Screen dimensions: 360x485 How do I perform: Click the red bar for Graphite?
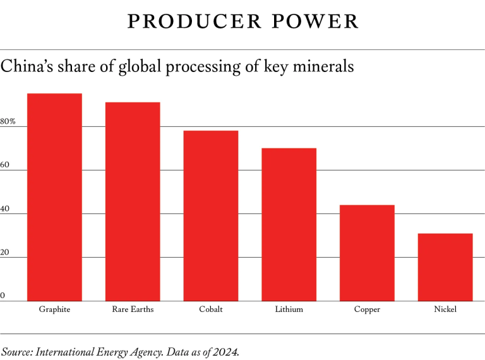[54, 197]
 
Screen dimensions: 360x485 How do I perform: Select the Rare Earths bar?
[133, 201]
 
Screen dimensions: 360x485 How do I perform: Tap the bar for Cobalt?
[211, 215]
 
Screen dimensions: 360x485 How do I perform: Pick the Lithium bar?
[289, 224]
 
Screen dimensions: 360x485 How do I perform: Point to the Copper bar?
[367, 253]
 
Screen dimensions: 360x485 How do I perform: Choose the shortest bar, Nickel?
[445, 267]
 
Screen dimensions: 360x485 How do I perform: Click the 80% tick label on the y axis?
[8, 121]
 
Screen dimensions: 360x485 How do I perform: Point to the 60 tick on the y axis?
[5, 165]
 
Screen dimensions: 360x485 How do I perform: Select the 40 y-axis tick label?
[5, 208]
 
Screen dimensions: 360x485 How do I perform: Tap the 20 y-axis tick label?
[5, 252]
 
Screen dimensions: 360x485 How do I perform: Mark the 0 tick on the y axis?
[3, 296]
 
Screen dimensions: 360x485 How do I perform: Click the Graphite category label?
[54, 309]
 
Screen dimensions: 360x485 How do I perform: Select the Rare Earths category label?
[133, 309]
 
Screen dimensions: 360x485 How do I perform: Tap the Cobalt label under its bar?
[211, 309]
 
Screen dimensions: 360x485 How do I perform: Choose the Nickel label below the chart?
[445, 309]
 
